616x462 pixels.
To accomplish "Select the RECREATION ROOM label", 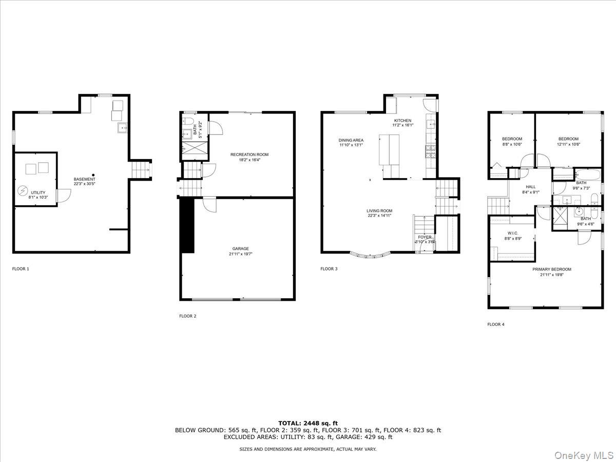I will pos(249,155).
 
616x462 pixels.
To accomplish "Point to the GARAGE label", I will pos(240,248).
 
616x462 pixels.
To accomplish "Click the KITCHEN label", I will pos(402,121).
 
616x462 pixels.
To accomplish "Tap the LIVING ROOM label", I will pos(379,211).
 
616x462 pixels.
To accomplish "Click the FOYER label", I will pos(425,237).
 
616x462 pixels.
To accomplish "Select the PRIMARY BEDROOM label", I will pos(551,269).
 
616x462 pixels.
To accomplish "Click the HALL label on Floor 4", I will pos(530,187).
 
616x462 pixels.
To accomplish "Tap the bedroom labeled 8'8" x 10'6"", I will pos(512,139).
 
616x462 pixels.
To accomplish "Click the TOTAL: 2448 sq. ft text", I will pos(308,423).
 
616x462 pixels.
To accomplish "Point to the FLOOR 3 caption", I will pos(329,268).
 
